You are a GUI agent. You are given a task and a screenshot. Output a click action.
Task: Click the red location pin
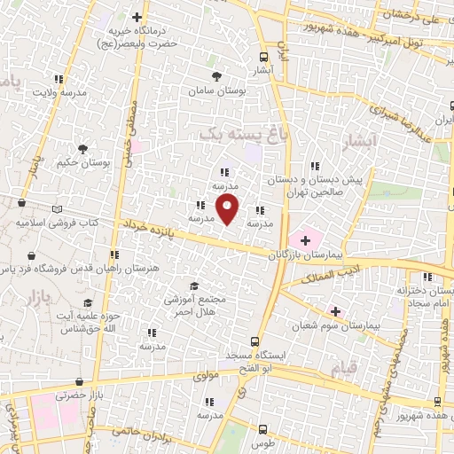coord(229,210)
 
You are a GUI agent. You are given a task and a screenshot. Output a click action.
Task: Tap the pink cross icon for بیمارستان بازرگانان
coord(307,238)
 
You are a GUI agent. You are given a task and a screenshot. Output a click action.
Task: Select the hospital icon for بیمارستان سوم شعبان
coord(335,311)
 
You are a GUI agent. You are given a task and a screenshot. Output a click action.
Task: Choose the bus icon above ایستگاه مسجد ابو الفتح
coord(255,340)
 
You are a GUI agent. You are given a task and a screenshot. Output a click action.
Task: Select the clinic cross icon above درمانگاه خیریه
coord(136,17)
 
